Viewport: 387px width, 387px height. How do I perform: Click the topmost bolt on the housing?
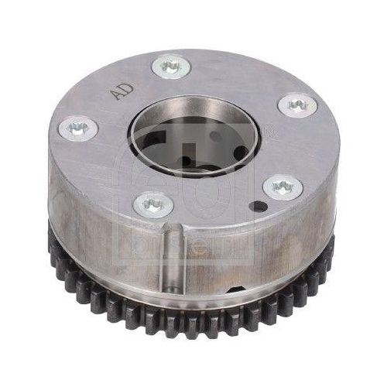pos(172,66)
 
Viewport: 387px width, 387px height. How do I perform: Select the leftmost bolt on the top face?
pos(77,126)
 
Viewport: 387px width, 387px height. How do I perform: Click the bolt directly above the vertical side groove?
pos(152,204)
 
